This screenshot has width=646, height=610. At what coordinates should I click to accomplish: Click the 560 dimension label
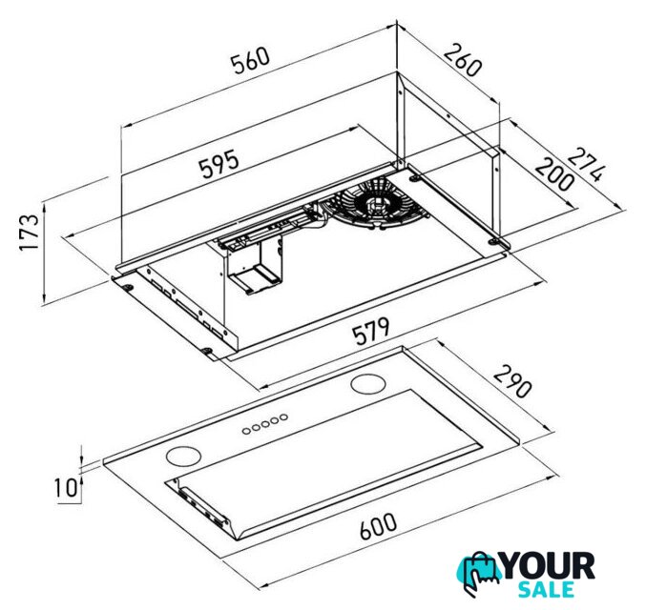[250, 61]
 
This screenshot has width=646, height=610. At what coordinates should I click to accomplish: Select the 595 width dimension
[219, 164]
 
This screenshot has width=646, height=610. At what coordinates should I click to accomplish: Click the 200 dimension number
[554, 174]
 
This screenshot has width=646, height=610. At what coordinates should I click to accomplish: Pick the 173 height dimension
[30, 232]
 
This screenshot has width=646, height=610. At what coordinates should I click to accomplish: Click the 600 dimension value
[378, 525]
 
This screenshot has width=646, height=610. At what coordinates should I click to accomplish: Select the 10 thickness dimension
[66, 488]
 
